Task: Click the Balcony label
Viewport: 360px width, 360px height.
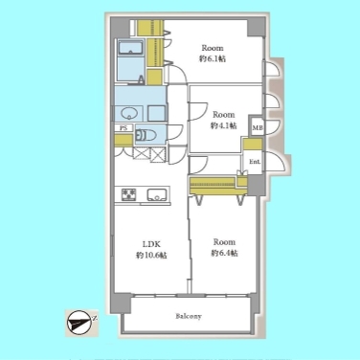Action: [189, 316]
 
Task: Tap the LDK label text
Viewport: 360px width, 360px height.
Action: [151, 244]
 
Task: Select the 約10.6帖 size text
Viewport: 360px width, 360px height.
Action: [151, 255]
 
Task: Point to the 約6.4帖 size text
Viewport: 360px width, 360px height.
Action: [224, 253]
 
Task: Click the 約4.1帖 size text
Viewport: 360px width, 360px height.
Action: [223, 125]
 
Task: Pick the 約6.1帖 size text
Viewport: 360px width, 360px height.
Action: [213, 58]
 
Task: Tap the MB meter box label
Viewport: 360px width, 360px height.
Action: [258, 128]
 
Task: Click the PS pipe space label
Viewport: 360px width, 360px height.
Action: [124, 127]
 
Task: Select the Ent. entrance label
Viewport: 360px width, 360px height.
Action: [255, 162]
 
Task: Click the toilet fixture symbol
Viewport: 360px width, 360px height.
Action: [146, 135]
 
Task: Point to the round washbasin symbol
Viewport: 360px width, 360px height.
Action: [129, 113]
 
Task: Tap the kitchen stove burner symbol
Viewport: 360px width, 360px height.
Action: [128, 194]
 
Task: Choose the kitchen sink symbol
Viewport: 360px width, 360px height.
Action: [156, 194]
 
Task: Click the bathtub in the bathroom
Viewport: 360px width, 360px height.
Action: [130, 48]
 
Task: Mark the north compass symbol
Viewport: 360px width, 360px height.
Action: [79, 323]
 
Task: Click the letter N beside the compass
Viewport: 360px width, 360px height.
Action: [95, 318]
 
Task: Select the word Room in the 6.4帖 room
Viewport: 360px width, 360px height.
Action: [224, 241]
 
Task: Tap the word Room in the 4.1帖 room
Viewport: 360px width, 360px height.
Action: [224, 114]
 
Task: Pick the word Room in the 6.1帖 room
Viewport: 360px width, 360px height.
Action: [213, 48]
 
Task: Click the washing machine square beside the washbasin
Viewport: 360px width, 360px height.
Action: [156, 113]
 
